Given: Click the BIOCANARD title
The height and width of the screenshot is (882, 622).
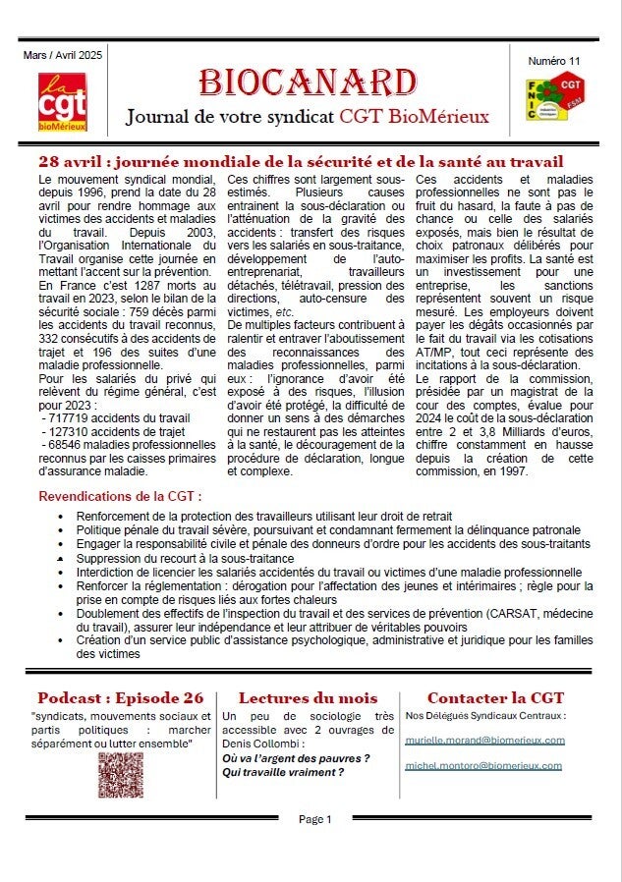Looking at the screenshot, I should point(308,83).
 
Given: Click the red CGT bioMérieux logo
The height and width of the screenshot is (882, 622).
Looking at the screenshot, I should point(61,97).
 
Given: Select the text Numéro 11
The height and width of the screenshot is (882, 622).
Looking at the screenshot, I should point(554,61).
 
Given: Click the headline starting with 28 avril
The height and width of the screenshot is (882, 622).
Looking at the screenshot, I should point(301,162).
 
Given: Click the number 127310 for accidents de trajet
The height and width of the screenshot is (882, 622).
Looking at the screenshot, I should point(68,432).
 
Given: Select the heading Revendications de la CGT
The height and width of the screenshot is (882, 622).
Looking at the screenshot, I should point(120,497).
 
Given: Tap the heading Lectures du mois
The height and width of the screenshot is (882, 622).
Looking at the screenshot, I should point(308,698).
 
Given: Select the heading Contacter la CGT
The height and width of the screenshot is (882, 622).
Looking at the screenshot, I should point(495,698).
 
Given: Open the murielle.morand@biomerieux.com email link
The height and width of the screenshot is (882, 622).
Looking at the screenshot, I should point(484,740).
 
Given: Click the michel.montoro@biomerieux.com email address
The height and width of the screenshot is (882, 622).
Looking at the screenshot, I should point(482,765).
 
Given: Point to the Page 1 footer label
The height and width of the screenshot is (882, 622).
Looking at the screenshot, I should point(315,819).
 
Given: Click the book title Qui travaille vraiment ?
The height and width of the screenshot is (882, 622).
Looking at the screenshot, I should point(283,772).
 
